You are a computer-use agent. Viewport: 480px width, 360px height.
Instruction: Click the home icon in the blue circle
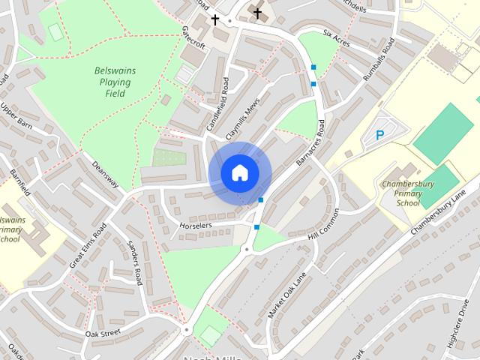click(239, 172)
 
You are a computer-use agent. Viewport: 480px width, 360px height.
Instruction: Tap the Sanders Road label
click(134, 262)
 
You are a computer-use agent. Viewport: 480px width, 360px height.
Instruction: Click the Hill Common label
click(325, 228)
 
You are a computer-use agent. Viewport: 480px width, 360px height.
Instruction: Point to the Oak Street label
click(103, 332)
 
